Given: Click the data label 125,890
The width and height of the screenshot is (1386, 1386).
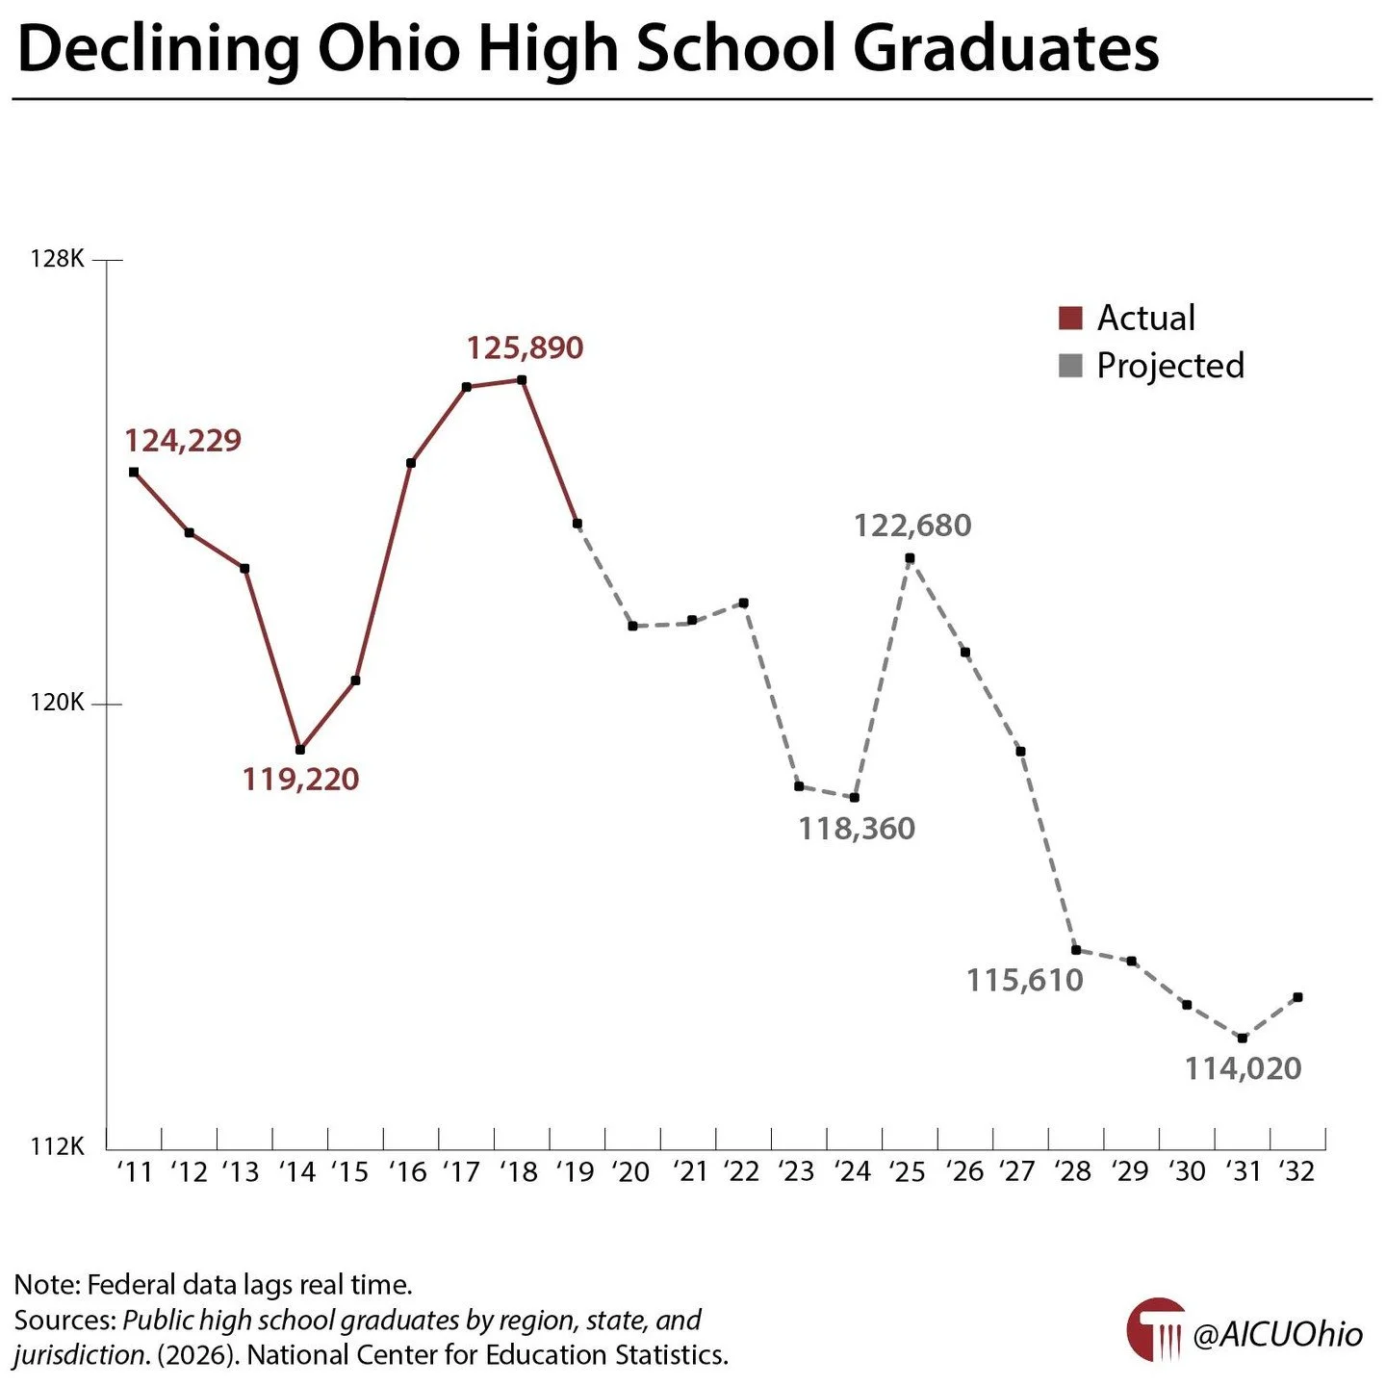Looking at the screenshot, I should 525,347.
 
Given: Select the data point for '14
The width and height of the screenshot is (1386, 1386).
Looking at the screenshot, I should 300,749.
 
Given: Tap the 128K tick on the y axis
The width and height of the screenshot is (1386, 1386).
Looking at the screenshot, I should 58,259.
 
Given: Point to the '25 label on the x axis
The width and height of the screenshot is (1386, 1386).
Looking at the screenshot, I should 907,1171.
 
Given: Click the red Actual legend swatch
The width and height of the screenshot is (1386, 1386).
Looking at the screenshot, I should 1070,318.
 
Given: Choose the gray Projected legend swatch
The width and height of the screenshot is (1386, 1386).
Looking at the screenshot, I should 1070,366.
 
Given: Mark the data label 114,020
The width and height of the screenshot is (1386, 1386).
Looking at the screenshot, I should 1243,1068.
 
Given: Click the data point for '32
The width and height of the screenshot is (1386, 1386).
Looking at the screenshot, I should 1297,997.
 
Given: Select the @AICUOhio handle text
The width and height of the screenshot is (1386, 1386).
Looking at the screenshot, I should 1277,1334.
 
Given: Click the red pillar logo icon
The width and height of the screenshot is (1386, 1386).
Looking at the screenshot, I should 1156,1330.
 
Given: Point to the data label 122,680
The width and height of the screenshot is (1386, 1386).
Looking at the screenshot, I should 912,526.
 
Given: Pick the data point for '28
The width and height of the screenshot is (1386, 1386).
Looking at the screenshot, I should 1076,950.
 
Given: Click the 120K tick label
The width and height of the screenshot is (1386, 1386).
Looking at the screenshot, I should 58,703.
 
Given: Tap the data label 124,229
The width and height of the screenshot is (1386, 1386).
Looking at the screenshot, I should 183,441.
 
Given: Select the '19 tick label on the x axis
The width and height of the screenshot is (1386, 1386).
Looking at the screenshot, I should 575,1171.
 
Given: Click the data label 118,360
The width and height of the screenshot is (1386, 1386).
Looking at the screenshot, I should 857,829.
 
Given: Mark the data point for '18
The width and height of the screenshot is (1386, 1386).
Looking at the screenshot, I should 522,379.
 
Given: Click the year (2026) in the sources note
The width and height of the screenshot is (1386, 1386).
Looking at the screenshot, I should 198,1355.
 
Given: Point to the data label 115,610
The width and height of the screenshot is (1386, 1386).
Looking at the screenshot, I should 1025,981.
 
